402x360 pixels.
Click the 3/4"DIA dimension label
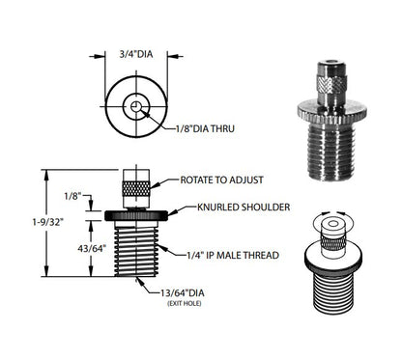pos(136,54)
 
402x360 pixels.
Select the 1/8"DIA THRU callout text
pos(205,128)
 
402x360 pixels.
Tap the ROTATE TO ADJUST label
pos(221,180)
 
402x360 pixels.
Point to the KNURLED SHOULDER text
pos(244,207)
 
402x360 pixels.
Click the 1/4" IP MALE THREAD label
pos(233,255)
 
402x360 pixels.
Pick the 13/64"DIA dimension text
pos(183,293)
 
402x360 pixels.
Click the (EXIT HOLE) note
pos(185,303)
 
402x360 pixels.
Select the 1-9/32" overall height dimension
pos(46,222)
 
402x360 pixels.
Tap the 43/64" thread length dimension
pos(92,248)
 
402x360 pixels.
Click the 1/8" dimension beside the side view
pos(72,196)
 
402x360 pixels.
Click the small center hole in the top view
pos(136,106)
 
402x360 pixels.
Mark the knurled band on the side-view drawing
pos(136,188)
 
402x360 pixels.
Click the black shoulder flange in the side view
pos(136,215)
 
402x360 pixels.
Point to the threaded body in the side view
pos(136,251)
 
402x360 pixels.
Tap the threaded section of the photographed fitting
pos(331,152)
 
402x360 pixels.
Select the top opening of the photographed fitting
pos(331,62)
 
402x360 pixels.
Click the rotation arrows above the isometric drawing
pos(333,212)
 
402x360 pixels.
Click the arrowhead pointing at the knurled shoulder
pos(172,212)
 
